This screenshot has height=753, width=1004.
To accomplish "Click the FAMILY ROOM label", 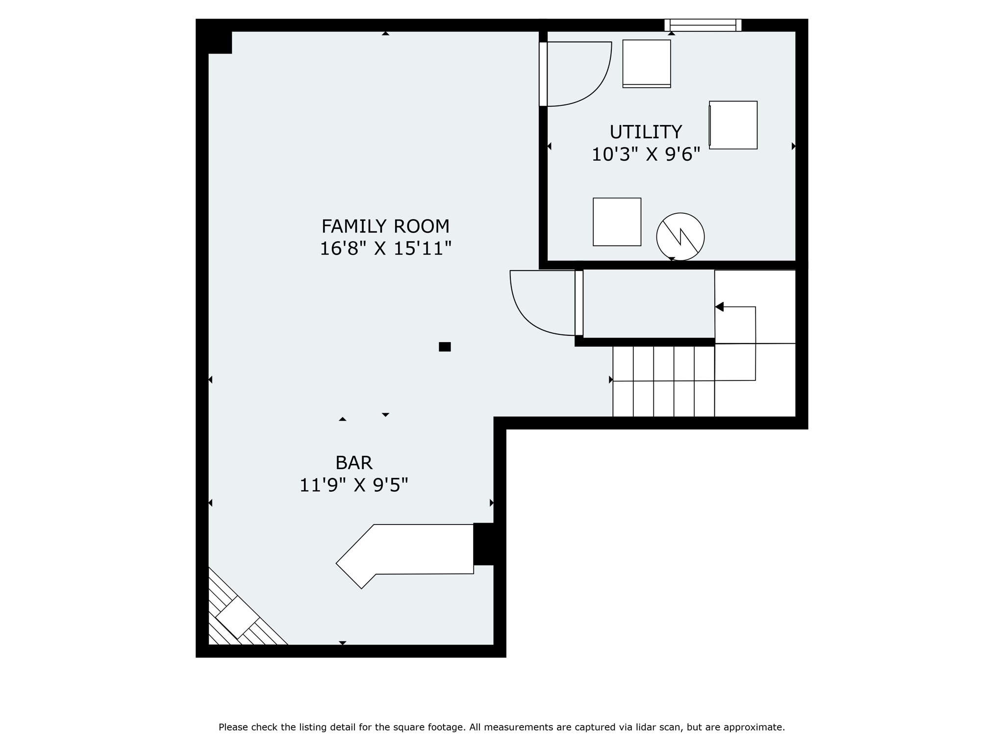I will (x=385, y=226).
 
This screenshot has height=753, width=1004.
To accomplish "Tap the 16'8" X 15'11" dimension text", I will (x=385, y=249).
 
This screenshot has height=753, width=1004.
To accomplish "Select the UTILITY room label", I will (x=646, y=132).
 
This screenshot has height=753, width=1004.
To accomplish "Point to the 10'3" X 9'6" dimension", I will (x=646, y=154).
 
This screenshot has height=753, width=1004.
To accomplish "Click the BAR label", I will (x=353, y=463).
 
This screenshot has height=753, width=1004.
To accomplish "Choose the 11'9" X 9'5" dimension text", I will (x=353, y=485).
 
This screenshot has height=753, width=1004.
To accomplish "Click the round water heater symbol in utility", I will (x=680, y=237).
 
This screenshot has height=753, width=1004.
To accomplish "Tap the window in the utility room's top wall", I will (x=703, y=25).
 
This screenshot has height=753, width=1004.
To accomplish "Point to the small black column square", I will (x=445, y=347).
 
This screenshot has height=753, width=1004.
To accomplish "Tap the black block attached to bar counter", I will (x=483, y=544).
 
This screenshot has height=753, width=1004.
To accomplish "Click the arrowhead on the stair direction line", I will (x=719, y=307).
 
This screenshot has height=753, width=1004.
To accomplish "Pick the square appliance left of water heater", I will (x=617, y=222).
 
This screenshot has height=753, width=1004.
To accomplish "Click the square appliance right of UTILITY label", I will (x=733, y=125).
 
